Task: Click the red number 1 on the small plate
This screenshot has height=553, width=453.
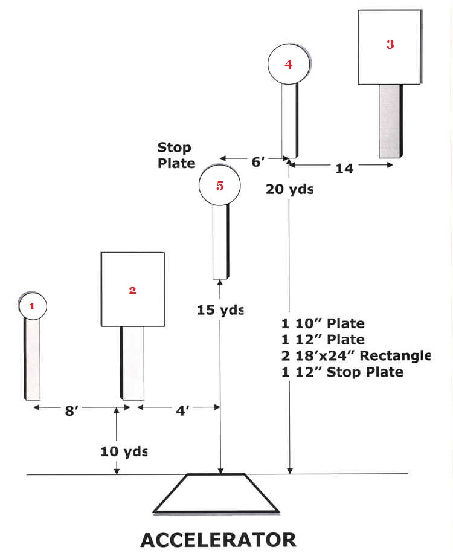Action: pyautogui.click(x=33, y=306)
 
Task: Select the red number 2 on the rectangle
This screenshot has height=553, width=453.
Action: pyautogui.click(x=132, y=290)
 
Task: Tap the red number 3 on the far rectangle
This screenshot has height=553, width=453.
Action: pyautogui.click(x=390, y=44)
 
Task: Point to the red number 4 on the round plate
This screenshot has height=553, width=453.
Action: pyautogui.click(x=288, y=64)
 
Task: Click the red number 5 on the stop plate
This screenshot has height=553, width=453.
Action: pyautogui.click(x=220, y=186)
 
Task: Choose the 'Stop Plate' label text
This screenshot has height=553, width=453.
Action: pyautogui.click(x=176, y=155)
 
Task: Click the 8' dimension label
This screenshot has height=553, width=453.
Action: pyautogui.click(x=72, y=410)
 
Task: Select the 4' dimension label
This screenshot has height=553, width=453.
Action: pyautogui.click(x=182, y=410)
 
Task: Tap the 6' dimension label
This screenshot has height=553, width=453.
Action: pyautogui.click(x=258, y=161)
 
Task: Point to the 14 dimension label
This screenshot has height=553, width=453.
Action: pyautogui.click(x=344, y=169)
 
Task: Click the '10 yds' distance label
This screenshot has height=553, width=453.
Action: pyautogui.click(x=124, y=451)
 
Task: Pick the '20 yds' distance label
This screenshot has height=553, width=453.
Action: pyautogui.click(x=289, y=189)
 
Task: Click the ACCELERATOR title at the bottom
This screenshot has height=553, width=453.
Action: pyautogui.click(x=218, y=539)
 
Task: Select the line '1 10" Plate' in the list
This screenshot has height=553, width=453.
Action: pyautogui.click(x=323, y=324)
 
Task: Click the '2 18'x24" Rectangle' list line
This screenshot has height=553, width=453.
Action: pyautogui.click(x=356, y=356)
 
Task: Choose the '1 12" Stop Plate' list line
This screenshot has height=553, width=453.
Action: pyautogui.click(x=342, y=372)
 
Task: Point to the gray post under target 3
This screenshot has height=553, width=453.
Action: pyautogui.click(x=390, y=121)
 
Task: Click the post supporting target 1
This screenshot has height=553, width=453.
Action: pyautogui.click(x=32, y=359)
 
